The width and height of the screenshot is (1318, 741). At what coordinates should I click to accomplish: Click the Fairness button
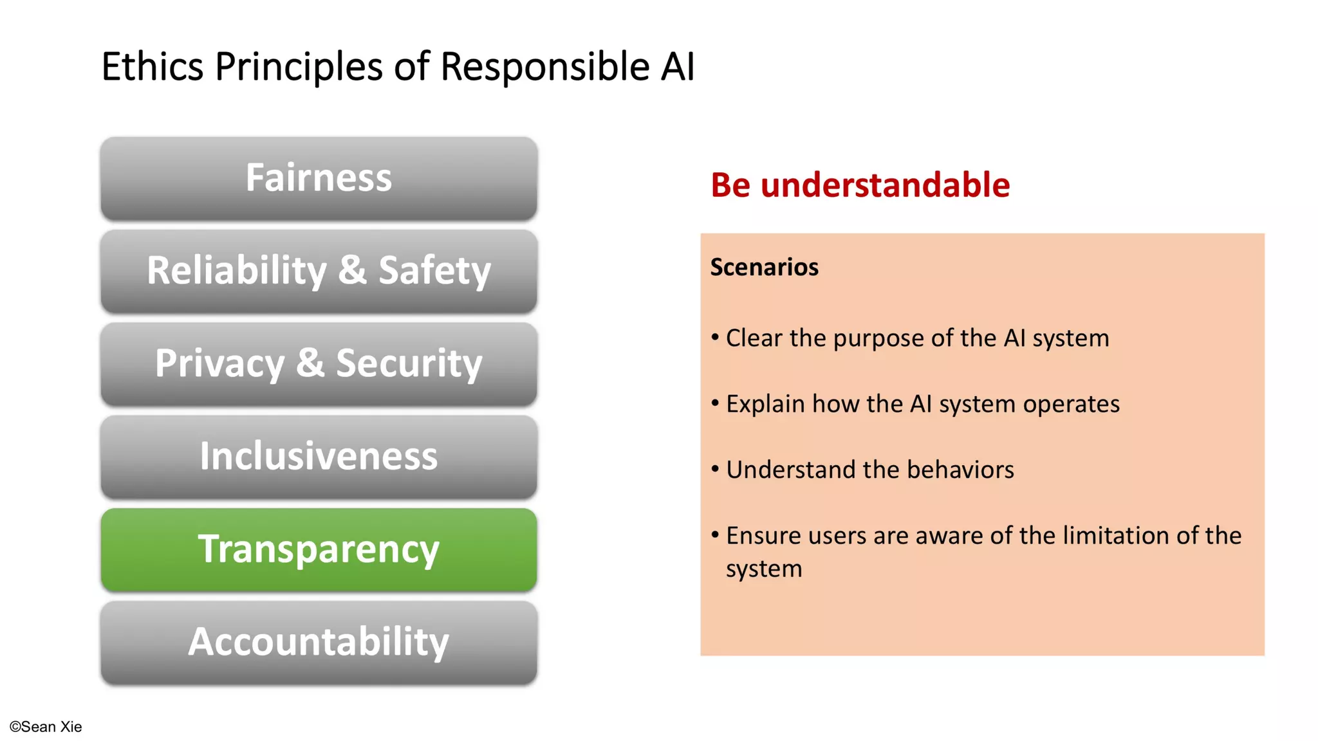319,178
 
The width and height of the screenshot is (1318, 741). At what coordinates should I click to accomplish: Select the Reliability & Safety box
319,271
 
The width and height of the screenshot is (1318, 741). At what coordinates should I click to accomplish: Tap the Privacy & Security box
319,363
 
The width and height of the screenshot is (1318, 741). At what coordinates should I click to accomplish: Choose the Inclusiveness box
319,456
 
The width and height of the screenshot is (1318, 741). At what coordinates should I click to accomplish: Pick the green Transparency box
319,549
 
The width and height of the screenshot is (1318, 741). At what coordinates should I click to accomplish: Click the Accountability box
319,642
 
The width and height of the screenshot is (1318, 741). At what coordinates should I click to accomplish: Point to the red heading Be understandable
860,185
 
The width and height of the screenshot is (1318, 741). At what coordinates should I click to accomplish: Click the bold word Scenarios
764,267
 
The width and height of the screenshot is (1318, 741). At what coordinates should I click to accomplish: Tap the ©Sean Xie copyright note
46,727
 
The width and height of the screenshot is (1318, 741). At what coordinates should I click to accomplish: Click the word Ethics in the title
153,66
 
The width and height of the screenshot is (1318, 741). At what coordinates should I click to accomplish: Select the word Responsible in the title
544,66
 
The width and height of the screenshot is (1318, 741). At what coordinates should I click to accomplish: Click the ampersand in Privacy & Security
310,363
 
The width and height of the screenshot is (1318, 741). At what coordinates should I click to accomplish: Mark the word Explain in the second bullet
765,405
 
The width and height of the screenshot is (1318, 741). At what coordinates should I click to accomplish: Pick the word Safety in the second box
434,271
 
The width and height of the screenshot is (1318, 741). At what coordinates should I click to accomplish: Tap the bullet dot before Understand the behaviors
715,469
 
